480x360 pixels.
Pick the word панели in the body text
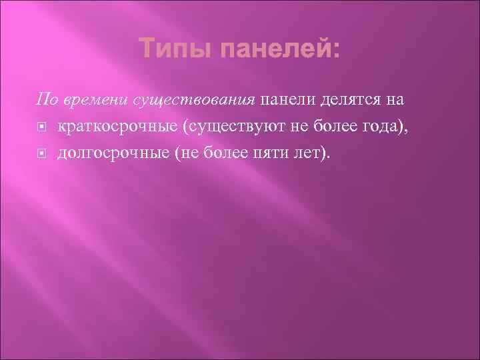289,101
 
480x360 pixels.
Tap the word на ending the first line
395,101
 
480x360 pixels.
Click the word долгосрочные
111,154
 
